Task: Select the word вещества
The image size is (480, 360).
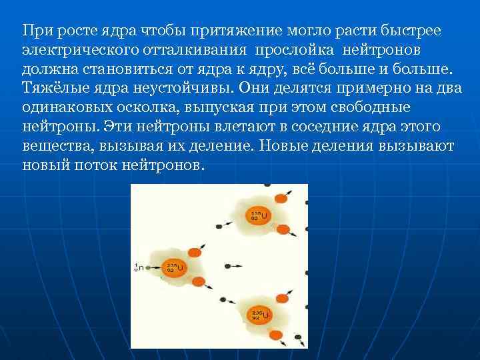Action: (x=53, y=145)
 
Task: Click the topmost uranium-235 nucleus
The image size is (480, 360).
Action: (x=259, y=215)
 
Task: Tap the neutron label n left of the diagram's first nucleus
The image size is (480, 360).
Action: (x=139, y=268)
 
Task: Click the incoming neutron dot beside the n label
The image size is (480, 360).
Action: (x=150, y=268)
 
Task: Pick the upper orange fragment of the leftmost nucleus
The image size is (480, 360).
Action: (x=195, y=252)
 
